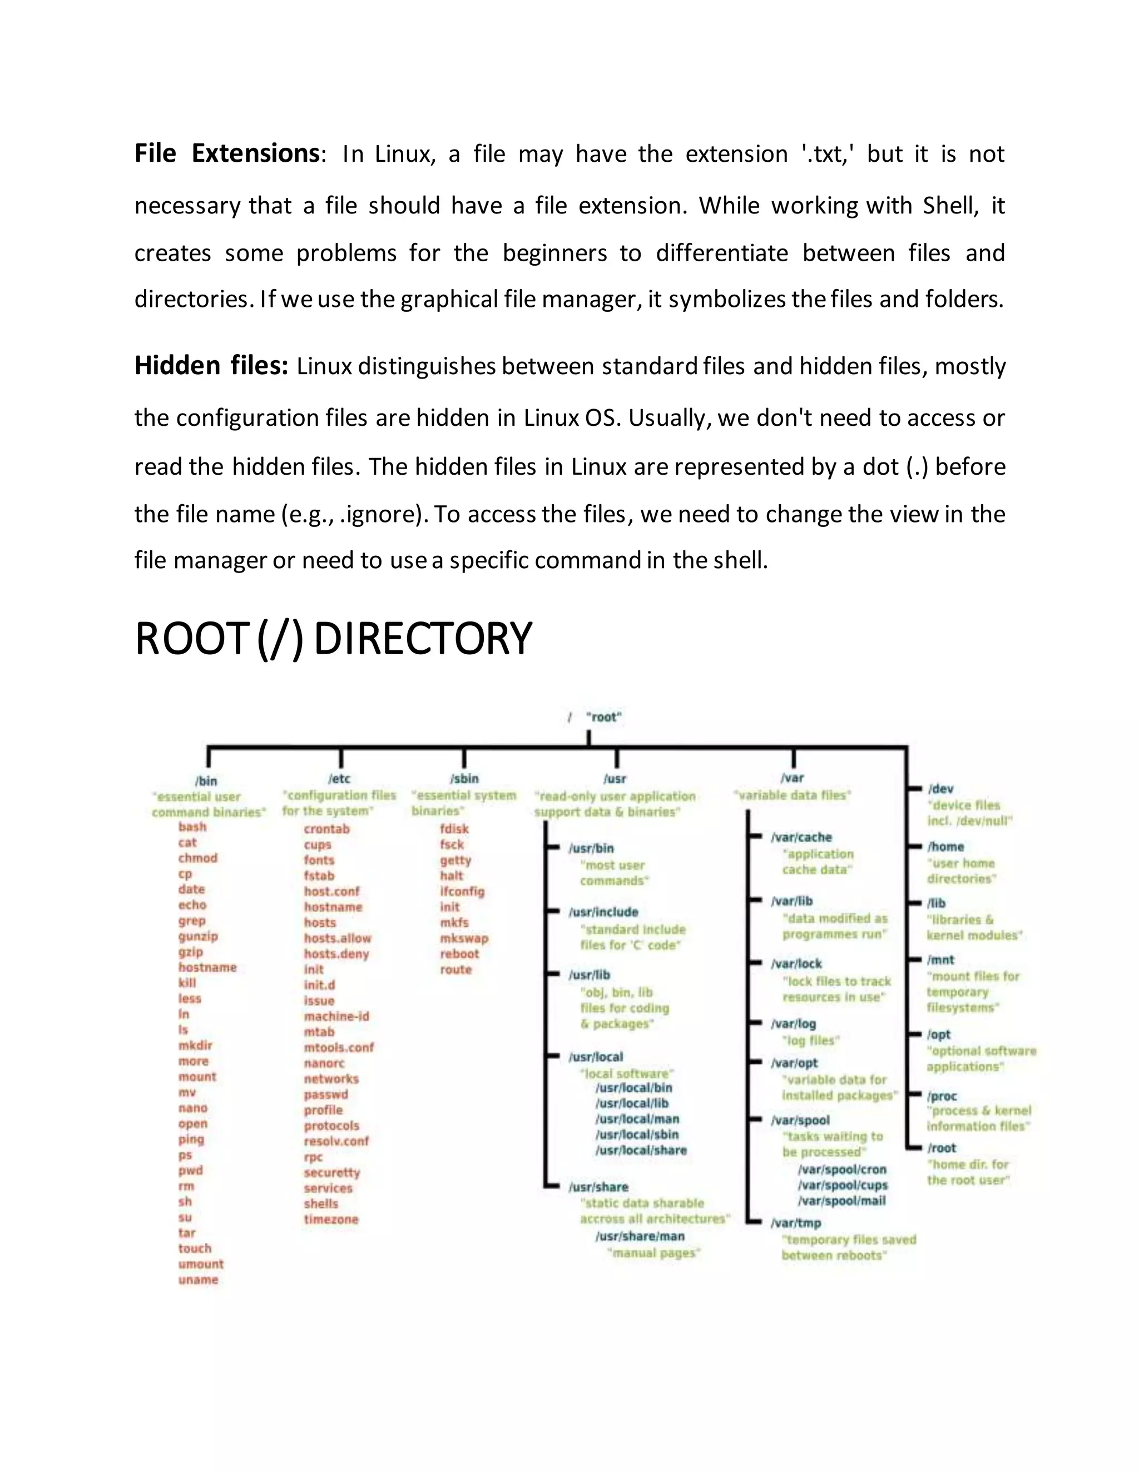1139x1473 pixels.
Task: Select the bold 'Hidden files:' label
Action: tap(211, 366)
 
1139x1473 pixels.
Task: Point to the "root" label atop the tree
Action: tap(603, 717)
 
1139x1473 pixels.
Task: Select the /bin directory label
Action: tap(206, 781)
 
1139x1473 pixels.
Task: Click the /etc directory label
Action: tap(339, 779)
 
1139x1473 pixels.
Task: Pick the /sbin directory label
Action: tap(464, 779)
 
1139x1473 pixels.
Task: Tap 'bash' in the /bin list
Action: tap(192, 827)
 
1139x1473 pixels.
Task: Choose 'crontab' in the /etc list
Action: tap(326, 829)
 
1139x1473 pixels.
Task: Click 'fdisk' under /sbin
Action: tap(454, 829)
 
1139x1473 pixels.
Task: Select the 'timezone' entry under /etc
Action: tap(331, 1220)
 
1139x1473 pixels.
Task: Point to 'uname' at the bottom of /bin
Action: tap(199, 1280)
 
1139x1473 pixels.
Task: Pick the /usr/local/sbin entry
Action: tap(637, 1134)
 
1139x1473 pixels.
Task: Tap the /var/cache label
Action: tap(801, 838)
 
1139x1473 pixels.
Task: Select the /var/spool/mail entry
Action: tap(841, 1201)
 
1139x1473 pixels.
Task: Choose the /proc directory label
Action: tap(942, 1097)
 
